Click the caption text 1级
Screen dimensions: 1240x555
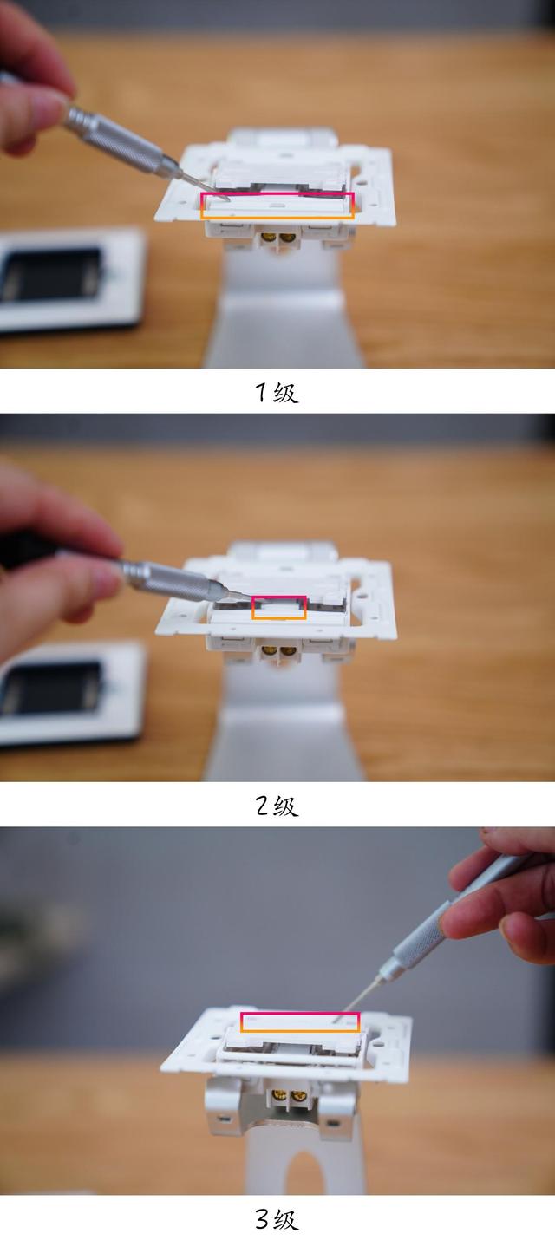click(x=277, y=393)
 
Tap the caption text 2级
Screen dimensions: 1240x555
click(x=277, y=806)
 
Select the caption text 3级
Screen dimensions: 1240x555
click(x=277, y=1220)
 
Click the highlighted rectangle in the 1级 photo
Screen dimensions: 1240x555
click(x=278, y=206)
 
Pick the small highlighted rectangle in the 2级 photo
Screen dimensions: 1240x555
click(x=279, y=607)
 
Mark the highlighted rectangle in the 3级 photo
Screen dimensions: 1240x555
click(x=300, y=1022)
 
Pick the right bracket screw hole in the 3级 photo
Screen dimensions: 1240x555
click(x=332, y=1123)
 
